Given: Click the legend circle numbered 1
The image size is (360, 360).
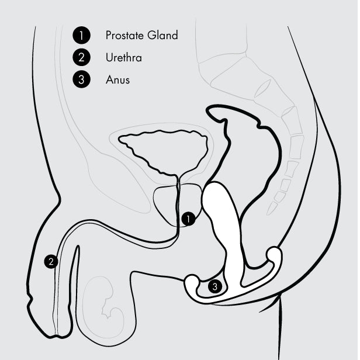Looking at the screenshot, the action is [x=81, y=35].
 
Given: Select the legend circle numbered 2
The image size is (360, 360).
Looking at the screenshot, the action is [x=81, y=57].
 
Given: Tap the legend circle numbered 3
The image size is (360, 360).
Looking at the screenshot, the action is [x=81, y=79].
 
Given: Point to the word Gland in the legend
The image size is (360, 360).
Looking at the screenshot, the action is [x=162, y=35].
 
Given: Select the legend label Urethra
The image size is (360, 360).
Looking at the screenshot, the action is [x=123, y=57].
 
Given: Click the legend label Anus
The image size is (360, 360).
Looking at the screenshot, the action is [x=117, y=79].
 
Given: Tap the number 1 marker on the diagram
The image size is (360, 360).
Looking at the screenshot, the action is [x=188, y=219].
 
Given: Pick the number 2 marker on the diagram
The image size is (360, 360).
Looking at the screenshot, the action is [x=51, y=261].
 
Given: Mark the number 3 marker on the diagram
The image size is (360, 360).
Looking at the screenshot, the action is [x=215, y=286].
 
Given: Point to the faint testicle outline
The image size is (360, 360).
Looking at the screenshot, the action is [x=103, y=305].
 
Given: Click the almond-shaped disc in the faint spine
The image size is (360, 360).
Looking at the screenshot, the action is [x=262, y=89].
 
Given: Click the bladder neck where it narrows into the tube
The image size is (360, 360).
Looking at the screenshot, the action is [x=178, y=176].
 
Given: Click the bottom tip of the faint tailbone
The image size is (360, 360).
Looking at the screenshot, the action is [x=268, y=213].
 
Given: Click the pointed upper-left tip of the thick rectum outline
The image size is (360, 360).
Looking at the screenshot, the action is [x=207, y=110].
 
